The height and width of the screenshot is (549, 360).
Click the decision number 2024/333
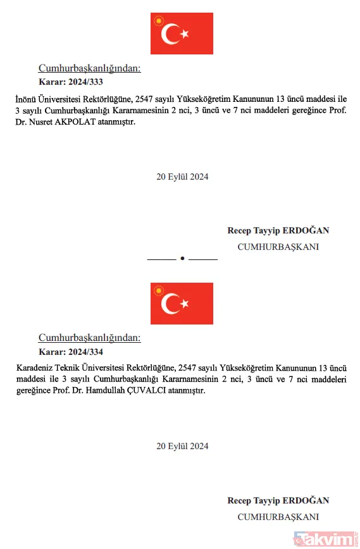point(86,82)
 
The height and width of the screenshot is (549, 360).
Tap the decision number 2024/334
point(86,352)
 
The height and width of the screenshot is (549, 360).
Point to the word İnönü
point(26,99)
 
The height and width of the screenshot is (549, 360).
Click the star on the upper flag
point(185,34)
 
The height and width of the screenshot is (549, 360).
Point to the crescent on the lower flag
point(170,304)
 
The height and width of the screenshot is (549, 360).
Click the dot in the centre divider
point(182,259)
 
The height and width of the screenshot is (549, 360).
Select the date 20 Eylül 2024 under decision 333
point(182,177)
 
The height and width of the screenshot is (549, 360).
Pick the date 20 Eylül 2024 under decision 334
point(182,447)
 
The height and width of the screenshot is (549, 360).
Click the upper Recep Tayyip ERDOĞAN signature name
point(278,231)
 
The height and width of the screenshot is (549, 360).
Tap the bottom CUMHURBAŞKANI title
point(278,517)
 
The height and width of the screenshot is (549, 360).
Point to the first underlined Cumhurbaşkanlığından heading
point(89,68)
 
